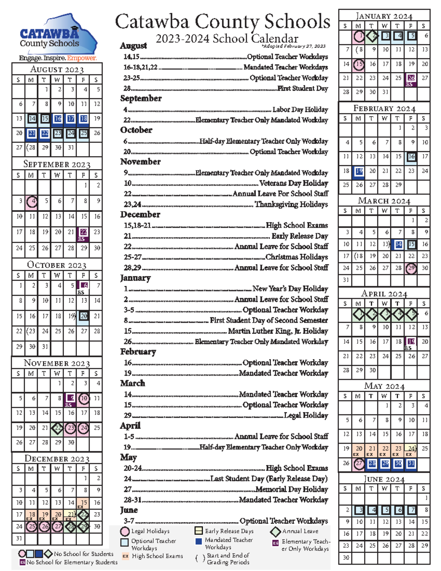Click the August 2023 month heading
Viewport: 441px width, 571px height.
57,69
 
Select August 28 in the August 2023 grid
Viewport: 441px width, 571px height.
32,147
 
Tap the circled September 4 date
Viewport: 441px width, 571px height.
33,201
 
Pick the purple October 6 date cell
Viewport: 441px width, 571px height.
84,285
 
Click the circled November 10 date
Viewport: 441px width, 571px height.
84,398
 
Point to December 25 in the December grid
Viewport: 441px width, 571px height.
32,527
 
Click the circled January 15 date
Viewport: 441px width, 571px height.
359,64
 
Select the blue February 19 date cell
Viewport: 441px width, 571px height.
359,171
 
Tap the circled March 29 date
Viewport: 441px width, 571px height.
411,268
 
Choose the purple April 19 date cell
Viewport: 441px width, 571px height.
411,342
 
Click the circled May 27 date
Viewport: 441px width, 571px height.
359,464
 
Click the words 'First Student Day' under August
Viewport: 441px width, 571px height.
303,89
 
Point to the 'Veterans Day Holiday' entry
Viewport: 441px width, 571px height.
294,183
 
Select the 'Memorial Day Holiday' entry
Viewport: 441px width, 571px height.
292,489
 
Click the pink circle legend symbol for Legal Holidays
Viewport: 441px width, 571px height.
125,531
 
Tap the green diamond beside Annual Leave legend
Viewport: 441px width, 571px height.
275,532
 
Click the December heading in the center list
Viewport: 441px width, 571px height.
140,214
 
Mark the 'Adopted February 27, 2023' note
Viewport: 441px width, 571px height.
294,46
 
